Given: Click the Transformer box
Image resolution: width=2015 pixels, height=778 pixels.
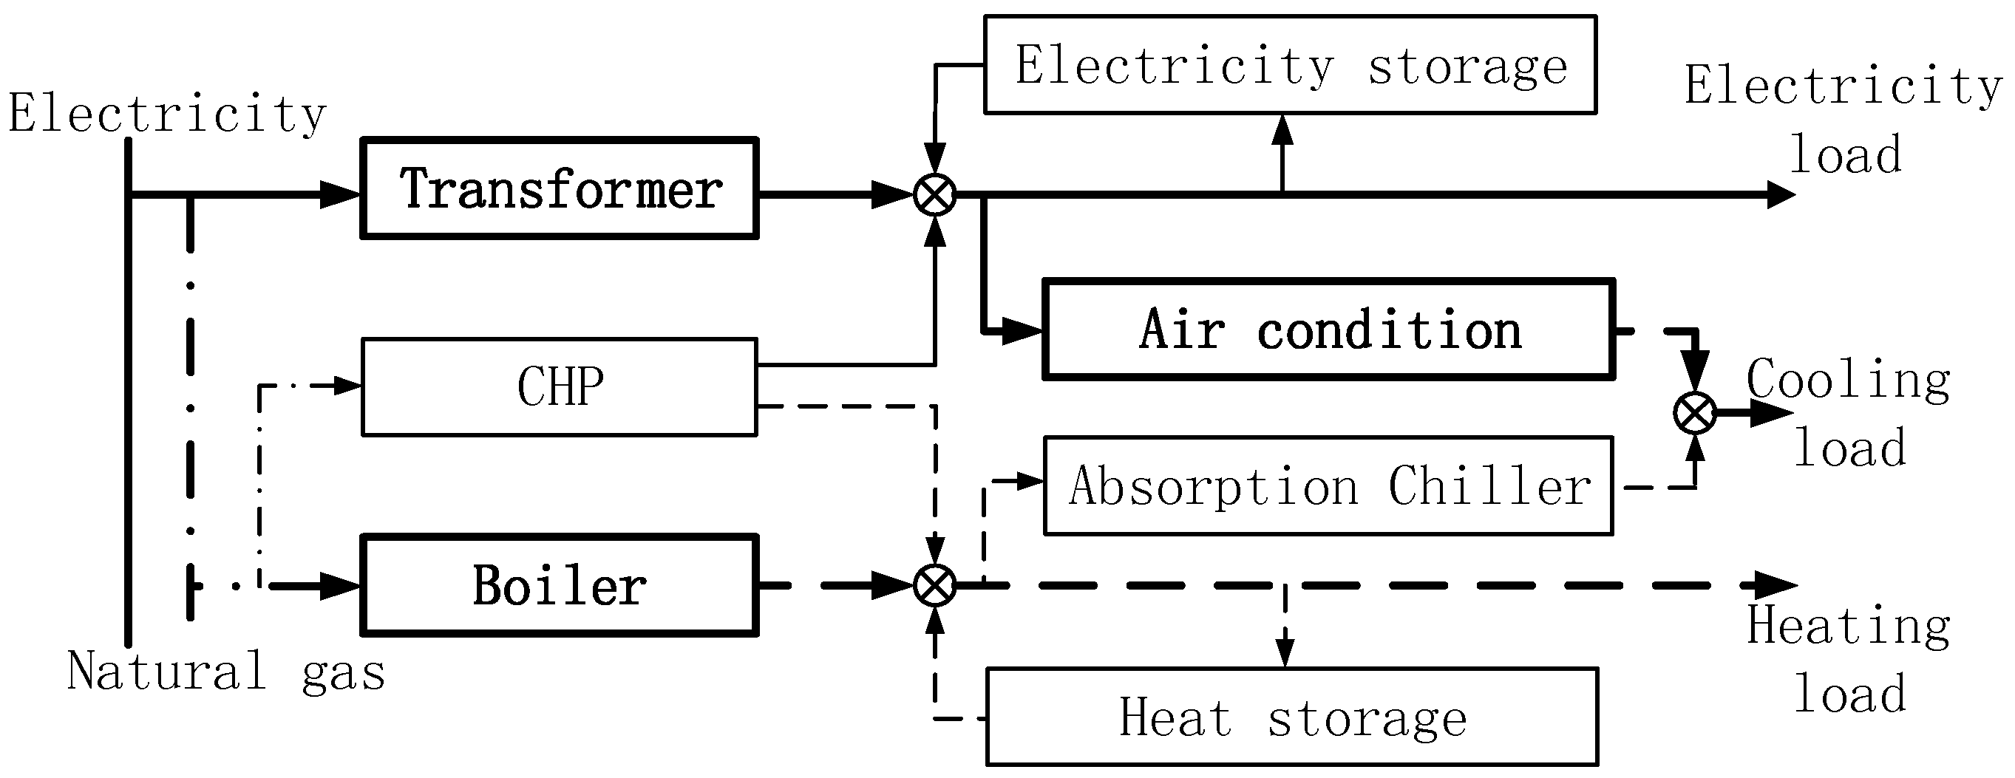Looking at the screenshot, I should point(560,188).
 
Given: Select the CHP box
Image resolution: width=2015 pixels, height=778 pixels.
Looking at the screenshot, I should point(560,387).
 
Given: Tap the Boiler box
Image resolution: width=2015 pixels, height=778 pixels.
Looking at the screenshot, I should point(560,586).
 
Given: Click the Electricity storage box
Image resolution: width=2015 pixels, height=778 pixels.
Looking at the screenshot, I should point(1290,65).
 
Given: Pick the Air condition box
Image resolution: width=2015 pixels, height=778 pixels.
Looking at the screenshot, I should point(1329,330).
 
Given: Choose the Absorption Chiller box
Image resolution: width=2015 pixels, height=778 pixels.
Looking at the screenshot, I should point(1328,485).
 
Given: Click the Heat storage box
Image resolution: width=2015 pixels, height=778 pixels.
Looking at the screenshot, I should point(1292,717).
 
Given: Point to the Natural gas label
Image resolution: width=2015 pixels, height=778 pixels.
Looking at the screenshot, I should point(226,672).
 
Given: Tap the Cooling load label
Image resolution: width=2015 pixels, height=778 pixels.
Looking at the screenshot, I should point(1849,414).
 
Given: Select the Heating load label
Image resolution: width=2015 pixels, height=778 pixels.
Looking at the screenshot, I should point(1849,660).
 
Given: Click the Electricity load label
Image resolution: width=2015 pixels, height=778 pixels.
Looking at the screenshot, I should point(1842,119).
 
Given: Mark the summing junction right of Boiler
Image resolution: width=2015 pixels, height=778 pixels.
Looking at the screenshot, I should point(936,585).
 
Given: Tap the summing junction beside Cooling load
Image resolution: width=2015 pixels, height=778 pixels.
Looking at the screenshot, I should point(1695,413).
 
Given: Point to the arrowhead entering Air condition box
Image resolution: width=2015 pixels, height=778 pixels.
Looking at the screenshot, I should point(1022,332).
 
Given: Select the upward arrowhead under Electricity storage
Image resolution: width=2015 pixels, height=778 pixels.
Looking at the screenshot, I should point(1282,132).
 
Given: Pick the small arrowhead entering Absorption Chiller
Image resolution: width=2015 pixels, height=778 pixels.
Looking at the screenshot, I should point(1031,482).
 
